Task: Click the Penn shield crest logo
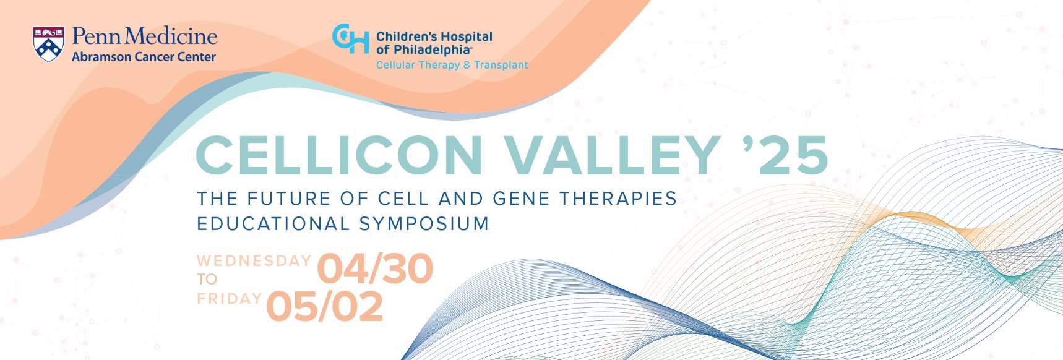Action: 48,44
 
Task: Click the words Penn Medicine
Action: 144,36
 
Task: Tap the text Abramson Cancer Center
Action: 144,57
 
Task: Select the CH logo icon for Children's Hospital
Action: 350,39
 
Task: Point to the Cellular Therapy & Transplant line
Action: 452,65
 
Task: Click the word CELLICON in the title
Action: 339,155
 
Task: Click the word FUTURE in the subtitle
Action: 288,199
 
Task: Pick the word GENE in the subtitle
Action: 521,199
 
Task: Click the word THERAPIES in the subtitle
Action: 618,199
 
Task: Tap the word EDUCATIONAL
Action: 273,223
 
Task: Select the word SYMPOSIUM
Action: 424,223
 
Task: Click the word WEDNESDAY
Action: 254,260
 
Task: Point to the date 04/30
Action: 375,269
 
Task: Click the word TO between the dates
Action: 207,279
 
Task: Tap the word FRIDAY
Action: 229,299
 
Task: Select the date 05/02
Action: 325,307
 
